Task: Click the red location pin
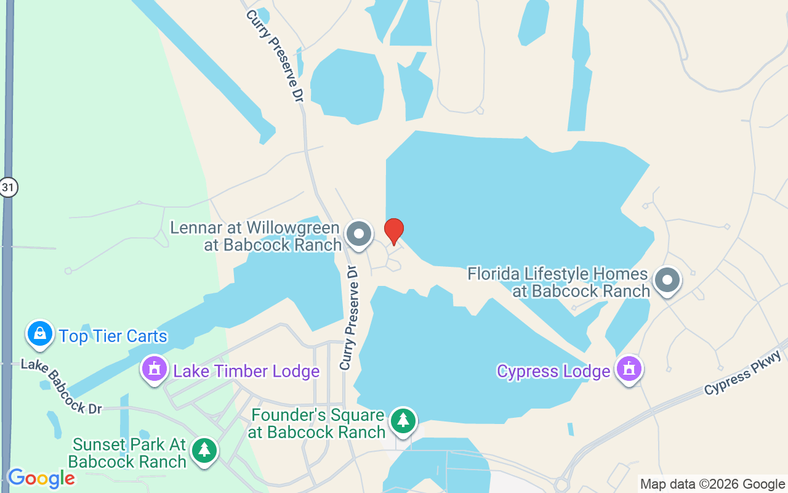394,231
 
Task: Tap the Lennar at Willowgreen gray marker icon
358,234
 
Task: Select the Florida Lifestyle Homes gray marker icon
667,280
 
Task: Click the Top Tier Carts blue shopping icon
40,334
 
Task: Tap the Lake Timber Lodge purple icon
154,369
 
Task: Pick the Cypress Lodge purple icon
629,369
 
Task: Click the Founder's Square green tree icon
403,422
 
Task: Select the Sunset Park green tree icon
204,451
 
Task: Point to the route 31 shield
8,187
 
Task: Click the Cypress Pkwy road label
743,373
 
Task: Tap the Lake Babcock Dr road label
61,386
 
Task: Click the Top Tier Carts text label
113,336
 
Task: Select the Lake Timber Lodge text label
246,371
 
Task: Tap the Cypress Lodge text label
553,372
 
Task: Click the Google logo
41,478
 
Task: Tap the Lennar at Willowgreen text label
255,236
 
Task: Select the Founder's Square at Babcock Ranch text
317,423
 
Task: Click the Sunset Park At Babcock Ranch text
127,453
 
